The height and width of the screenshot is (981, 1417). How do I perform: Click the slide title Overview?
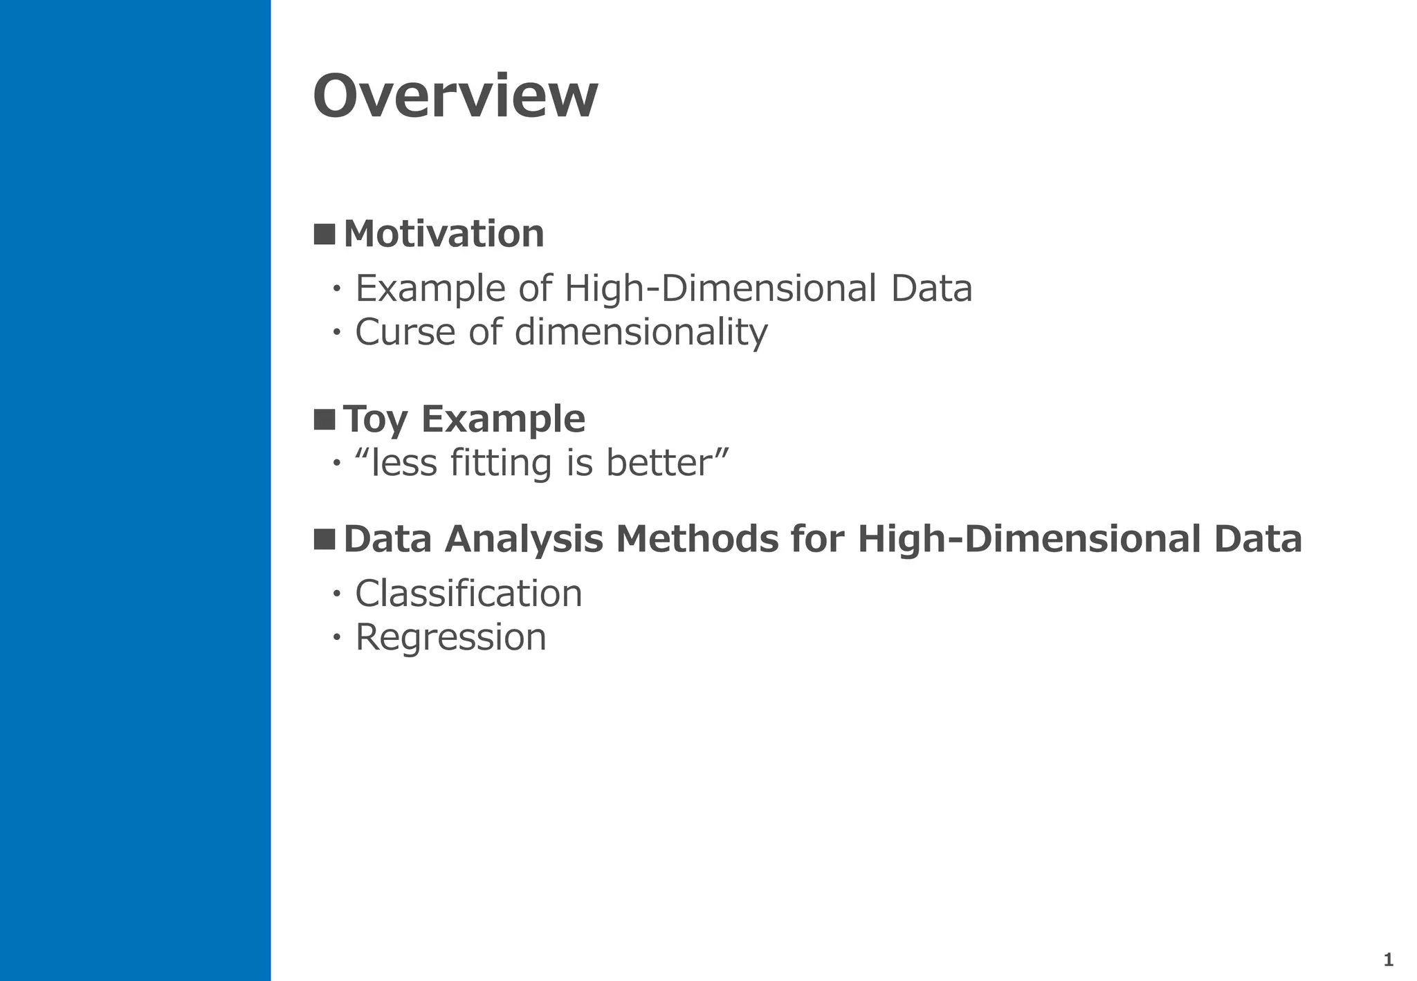click(455, 97)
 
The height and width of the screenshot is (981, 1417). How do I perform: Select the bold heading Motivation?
click(444, 234)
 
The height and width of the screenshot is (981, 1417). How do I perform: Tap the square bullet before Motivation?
click(324, 234)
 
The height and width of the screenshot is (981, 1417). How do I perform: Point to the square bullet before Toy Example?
click(324, 419)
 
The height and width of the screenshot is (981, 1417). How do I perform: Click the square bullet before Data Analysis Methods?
click(324, 539)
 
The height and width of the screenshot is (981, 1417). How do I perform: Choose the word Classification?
click(468, 594)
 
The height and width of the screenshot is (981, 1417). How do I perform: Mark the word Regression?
click(450, 638)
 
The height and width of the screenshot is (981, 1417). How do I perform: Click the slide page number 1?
click(1388, 960)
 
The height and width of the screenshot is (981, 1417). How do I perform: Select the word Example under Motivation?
click(430, 289)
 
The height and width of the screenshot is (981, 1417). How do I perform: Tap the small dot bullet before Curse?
click(337, 332)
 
